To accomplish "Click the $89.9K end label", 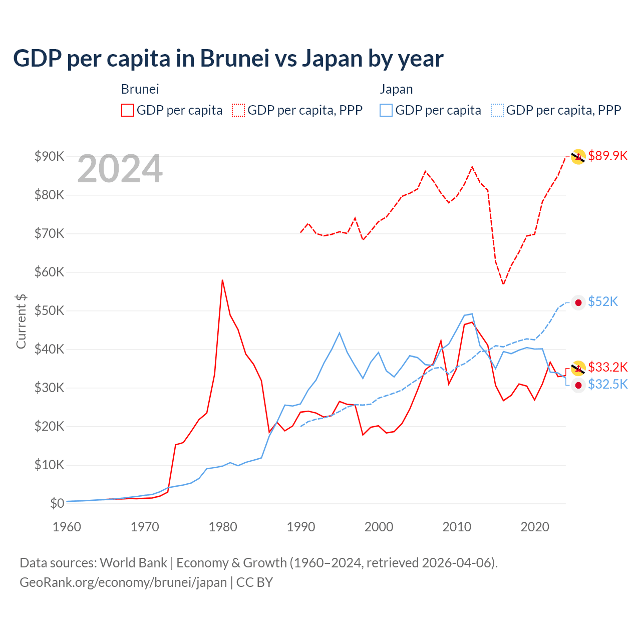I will coord(607,156).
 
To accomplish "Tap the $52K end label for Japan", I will coord(603,301).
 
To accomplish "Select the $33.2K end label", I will coord(607,367).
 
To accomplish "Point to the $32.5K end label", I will coord(607,384).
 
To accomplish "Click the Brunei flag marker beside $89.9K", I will coord(578,156).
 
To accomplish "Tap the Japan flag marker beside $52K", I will coord(578,302).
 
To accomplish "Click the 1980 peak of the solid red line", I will coord(222,280).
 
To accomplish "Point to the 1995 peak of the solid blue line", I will coord(340,333).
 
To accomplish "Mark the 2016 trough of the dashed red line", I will coord(503,284).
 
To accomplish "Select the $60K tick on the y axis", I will coord(49,272).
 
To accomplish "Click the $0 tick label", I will coord(57,503).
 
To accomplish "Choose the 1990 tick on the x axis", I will coord(301,527).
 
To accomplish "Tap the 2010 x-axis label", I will coord(457,527).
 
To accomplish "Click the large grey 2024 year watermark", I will coord(120,169).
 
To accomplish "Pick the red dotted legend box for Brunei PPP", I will coord(238,110).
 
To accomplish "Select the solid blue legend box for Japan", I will coord(386,110).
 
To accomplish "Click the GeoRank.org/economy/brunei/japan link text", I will coord(123,582).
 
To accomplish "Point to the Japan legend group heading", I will coord(396,89).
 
